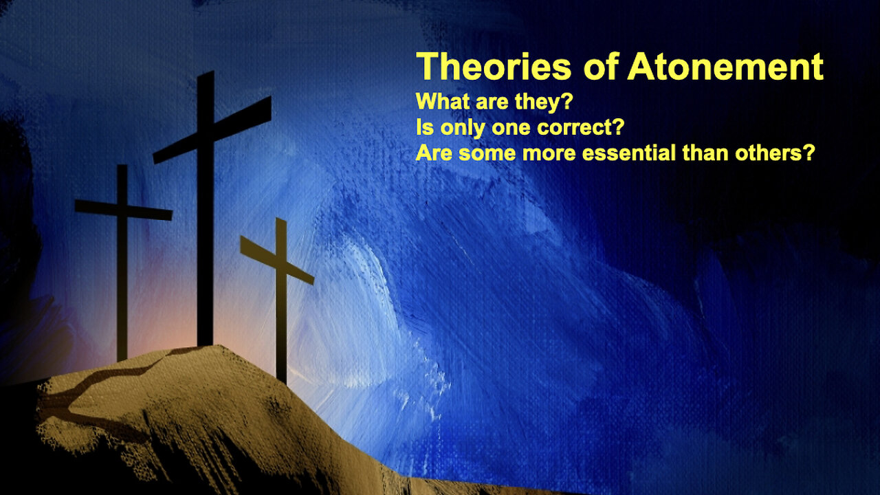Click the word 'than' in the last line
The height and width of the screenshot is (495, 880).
705,153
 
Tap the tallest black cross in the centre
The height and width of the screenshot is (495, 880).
206,208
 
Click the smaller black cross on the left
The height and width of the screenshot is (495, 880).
122,263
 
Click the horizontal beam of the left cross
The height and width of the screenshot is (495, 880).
123,210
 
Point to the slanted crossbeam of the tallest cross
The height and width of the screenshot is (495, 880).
212,130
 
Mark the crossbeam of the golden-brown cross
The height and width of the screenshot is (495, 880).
277,260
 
